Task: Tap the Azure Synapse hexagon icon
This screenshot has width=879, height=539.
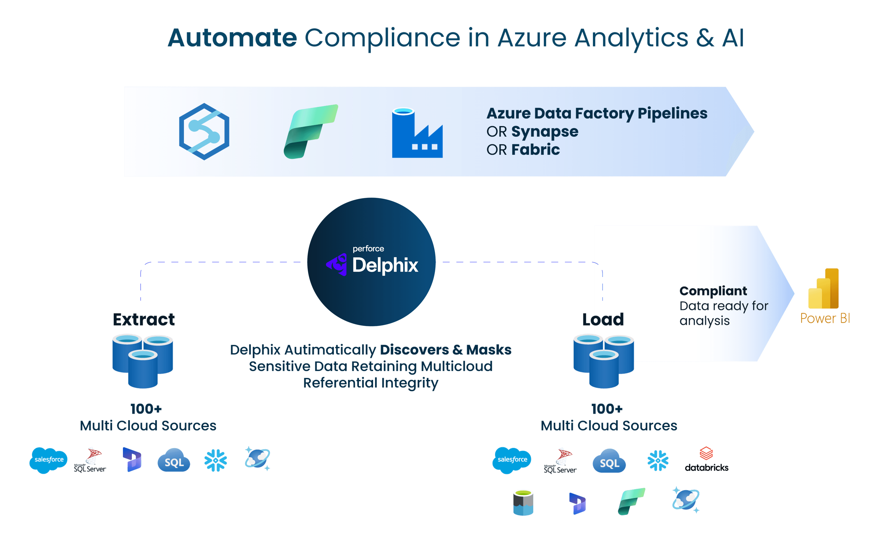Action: (x=204, y=131)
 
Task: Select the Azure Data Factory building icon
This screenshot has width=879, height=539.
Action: (x=417, y=133)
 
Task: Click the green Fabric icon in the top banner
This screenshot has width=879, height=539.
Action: (x=310, y=131)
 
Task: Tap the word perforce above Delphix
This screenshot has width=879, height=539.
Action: (x=368, y=249)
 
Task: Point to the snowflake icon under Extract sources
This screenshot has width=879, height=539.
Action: (x=215, y=460)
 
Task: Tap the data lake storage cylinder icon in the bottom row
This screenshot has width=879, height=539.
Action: (x=523, y=503)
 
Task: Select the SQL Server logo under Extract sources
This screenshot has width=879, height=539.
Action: (x=90, y=461)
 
